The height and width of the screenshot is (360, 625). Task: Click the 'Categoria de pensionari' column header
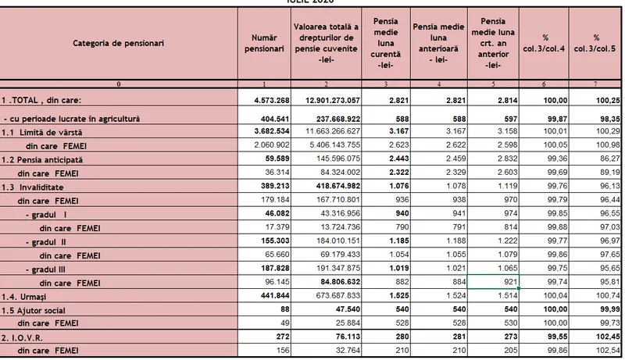119,43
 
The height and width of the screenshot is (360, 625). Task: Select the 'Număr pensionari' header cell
264,43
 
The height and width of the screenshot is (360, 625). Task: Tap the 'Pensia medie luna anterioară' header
438,43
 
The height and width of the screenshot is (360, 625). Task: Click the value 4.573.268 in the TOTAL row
272,101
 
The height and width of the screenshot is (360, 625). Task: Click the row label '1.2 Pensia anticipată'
42,159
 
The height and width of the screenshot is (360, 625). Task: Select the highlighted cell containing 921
493,282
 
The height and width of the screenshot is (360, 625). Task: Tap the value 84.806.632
341,282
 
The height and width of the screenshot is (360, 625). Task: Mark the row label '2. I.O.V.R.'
22,337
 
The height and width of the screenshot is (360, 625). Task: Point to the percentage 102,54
609,351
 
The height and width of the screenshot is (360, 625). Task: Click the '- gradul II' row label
46,242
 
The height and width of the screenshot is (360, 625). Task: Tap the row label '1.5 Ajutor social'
33,311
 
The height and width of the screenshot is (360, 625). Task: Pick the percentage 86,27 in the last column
610,159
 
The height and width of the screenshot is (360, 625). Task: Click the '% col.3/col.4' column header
544,43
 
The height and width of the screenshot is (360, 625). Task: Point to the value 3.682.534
272,131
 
